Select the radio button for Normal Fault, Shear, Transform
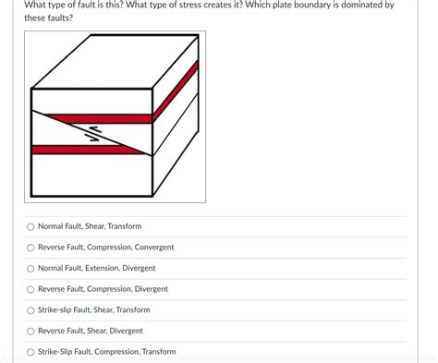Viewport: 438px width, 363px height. pyautogui.click(x=30, y=226)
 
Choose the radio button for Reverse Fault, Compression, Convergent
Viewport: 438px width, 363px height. pyautogui.click(x=30, y=248)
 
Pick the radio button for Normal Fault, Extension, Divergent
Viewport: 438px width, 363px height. pyautogui.click(x=30, y=268)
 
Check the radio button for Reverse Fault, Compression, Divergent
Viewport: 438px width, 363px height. pyautogui.click(x=30, y=289)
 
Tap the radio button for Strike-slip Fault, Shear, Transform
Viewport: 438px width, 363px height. pyautogui.click(x=30, y=310)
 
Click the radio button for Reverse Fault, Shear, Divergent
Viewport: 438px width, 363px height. pyautogui.click(x=30, y=331)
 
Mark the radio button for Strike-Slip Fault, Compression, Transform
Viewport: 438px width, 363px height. pyautogui.click(x=30, y=352)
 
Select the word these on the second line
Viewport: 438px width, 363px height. pyautogui.click(x=34, y=18)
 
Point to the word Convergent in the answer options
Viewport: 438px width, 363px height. pyautogui.click(x=154, y=248)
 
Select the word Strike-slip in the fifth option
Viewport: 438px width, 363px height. pyautogui.click(x=56, y=310)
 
